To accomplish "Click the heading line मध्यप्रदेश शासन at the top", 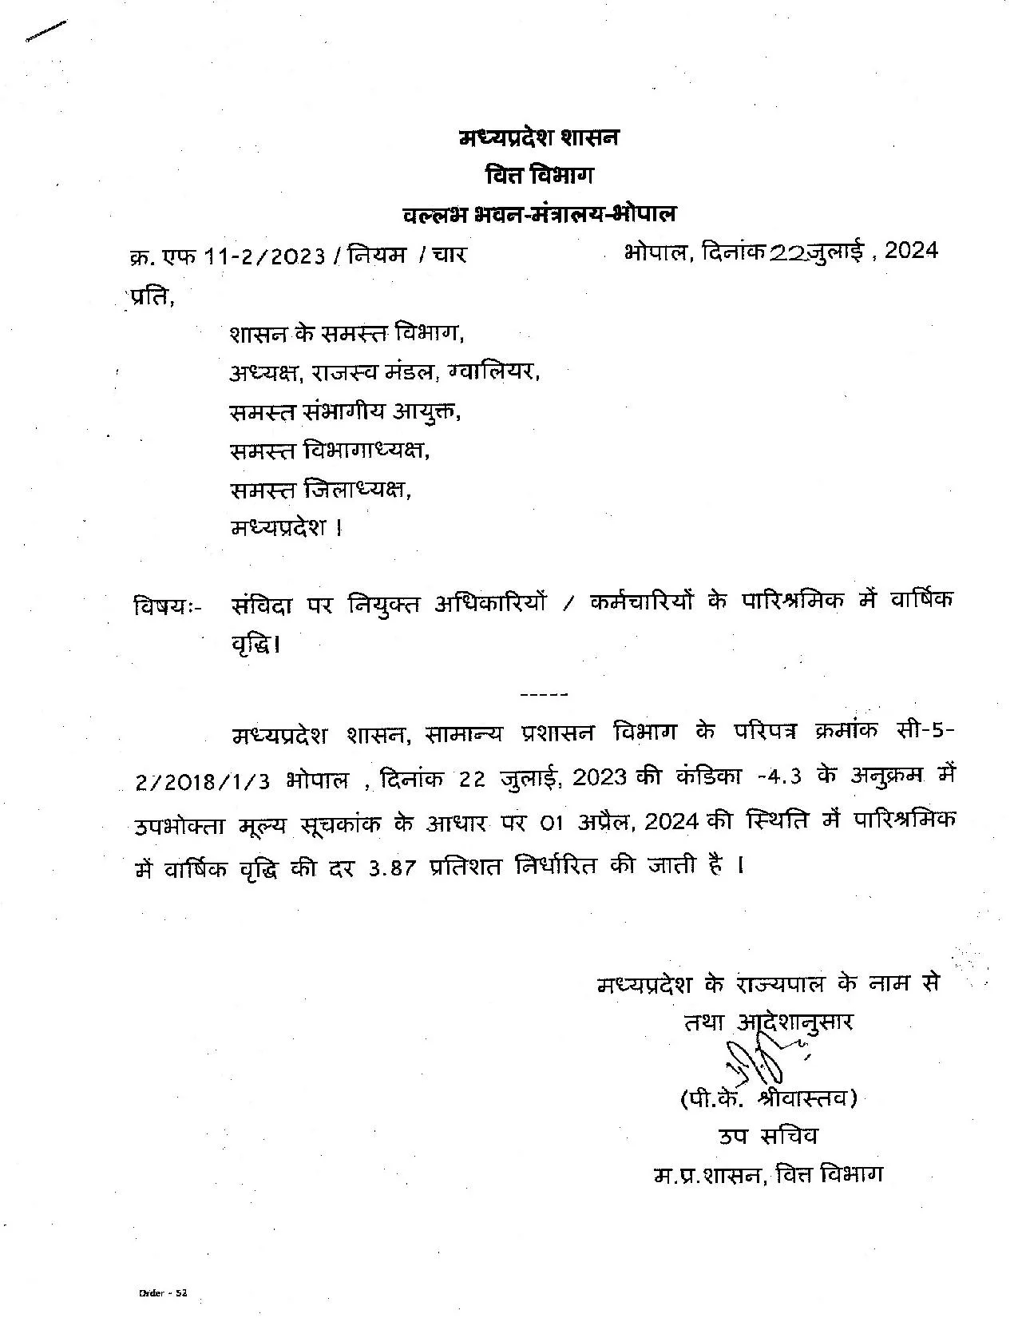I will click(x=539, y=137).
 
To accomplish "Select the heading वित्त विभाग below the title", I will click(x=539, y=176).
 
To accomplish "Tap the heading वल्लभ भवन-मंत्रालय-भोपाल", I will click(x=539, y=213).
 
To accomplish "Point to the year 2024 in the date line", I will click(x=911, y=251).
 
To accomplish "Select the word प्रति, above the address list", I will click(x=149, y=297).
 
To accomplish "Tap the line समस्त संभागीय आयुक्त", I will click(x=346, y=411).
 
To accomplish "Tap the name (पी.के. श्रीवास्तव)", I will click(x=768, y=1100).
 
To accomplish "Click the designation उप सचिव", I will click(x=768, y=1137).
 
